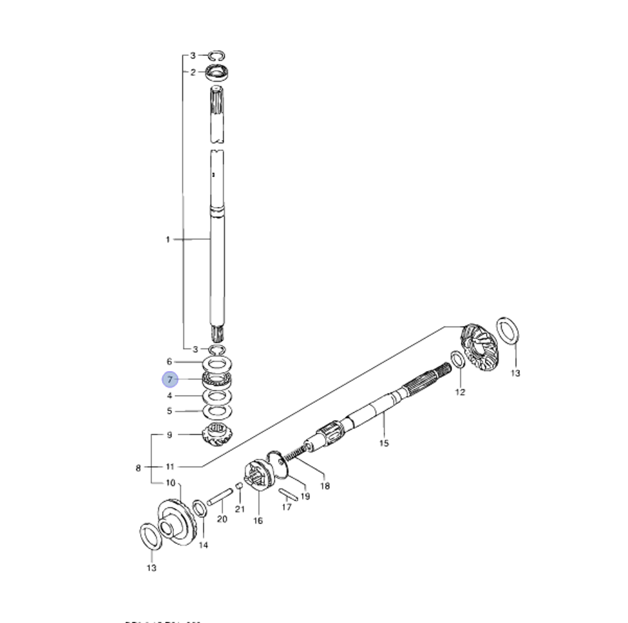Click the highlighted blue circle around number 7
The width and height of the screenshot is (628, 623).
tap(170, 380)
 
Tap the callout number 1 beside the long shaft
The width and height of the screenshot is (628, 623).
tap(168, 239)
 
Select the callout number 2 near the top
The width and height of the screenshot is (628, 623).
tap(193, 72)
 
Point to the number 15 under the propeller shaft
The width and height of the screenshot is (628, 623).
tap(384, 443)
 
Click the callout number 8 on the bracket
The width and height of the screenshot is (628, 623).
tap(138, 467)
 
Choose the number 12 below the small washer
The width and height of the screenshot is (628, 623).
tap(460, 393)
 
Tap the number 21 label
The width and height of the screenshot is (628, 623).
tap(239, 509)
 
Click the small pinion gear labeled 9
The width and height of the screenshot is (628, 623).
tap(217, 434)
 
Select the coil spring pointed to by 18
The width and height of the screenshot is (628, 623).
tap(296, 452)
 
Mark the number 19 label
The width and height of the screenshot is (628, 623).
tap(305, 496)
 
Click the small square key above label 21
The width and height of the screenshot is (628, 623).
tap(239, 486)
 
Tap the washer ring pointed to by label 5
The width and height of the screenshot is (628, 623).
tap(217, 411)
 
